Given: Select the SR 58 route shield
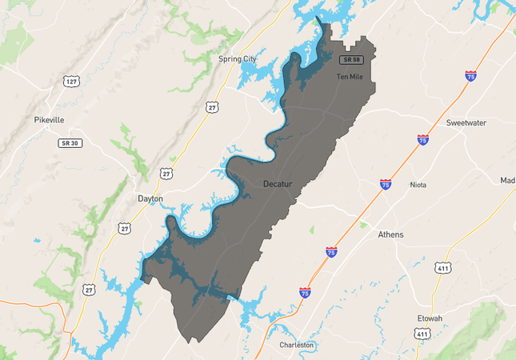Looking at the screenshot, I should point(350,60).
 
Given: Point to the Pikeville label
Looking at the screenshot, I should point(49,119).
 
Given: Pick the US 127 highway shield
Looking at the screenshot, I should point(72,82).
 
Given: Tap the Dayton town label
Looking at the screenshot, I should point(150,198).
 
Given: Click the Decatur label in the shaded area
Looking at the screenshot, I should point(281,185).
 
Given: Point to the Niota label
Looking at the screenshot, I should point(418,185).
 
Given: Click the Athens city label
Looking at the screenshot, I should point(391,234).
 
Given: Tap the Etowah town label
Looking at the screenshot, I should point(429,318).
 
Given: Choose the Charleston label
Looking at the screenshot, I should point(297,345).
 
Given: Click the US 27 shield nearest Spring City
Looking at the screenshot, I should point(211,106).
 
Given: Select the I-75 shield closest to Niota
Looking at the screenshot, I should point(386,184).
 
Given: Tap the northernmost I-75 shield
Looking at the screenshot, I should point(470,76).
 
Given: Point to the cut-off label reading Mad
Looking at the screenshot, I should point(507,180).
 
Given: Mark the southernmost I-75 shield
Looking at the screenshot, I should point(305,293).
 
